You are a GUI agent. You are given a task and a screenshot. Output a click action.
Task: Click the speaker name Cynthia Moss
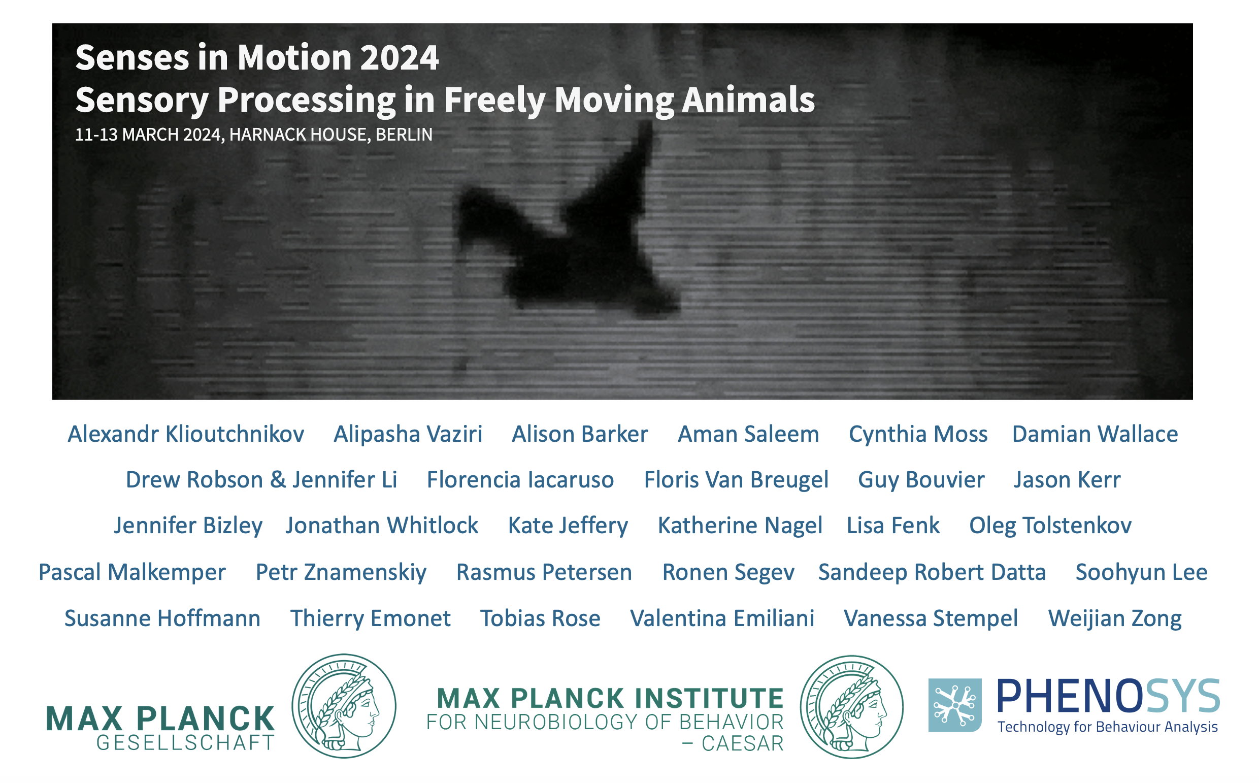pos(918,434)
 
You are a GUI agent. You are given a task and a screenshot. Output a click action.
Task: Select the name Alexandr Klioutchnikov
pos(186,434)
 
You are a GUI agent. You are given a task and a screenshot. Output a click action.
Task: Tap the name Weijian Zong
pos(1114,618)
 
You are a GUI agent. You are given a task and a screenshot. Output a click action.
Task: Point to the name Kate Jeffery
pos(568,526)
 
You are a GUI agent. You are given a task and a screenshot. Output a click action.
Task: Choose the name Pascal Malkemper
pos(132,572)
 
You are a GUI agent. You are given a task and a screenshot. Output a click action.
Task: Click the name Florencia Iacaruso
pos(520,479)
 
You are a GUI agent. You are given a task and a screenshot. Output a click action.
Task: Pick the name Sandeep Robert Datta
pos(932,572)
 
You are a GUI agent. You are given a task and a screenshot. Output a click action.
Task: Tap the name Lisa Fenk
pos(893,526)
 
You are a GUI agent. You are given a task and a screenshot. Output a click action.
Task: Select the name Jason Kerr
pos(1067,479)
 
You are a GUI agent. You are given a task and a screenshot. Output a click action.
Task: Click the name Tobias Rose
pos(541,618)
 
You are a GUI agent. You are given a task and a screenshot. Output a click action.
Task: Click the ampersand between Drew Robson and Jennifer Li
pos(278,479)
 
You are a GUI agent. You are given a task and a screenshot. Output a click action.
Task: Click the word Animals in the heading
pos(748,100)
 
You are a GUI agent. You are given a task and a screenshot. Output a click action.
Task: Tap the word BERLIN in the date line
pos(404,135)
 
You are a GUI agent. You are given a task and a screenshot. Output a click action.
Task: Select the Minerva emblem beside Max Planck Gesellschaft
pos(344,706)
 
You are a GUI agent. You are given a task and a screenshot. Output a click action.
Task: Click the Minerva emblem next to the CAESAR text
pos(851,707)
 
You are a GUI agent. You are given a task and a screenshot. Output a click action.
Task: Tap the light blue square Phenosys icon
pos(955,705)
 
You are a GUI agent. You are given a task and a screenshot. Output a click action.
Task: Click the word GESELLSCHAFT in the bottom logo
pos(185,743)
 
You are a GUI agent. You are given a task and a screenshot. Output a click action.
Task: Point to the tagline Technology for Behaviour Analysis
pos(1108,727)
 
